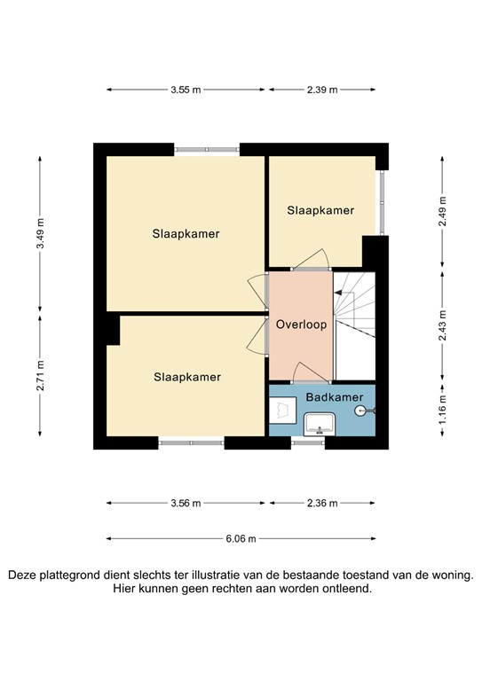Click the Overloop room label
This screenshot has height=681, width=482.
click(301, 325)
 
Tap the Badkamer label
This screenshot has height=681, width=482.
click(328, 398)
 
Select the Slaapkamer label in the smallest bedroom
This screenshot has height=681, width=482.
click(320, 211)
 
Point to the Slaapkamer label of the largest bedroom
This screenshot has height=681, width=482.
click(186, 234)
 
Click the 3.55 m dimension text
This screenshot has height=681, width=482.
click(186, 90)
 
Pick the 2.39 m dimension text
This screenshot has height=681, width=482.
click(321, 90)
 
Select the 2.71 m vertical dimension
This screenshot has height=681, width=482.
click(41, 378)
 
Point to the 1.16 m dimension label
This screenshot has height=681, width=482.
click(441, 411)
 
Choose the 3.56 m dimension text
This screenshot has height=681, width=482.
click(186, 503)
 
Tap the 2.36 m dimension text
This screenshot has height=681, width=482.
click(321, 503)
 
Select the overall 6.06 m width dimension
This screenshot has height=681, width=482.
click(241, 538)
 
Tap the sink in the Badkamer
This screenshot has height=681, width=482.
click(318, 425)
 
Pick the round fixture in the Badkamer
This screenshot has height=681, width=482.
click(360, 411)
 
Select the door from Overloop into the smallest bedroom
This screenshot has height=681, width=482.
click(312, 259)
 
